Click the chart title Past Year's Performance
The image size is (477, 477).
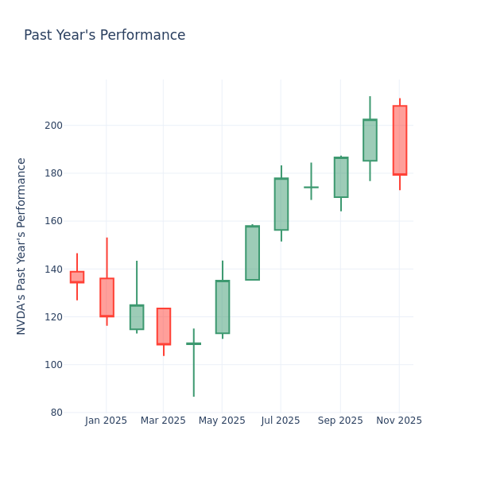tap(104, 36)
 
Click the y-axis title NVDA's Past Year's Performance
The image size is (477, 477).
tap(21, 246)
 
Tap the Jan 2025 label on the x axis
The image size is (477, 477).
tap(107, 421)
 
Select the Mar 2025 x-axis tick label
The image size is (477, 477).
tap(163, 421)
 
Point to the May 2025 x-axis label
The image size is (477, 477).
tap(222, 421)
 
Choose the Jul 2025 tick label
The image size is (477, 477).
tap(281, 421)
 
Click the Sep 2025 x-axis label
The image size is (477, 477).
tap(340, 421)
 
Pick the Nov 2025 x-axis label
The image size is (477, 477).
tap(399, 421)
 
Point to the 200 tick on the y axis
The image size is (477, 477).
tap(53, 126)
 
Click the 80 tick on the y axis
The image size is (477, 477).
tap(56, 413)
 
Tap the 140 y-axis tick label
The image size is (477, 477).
tap(53, 269)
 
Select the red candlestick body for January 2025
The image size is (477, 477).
tap(107, 297)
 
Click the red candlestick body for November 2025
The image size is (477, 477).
tap(399, 140)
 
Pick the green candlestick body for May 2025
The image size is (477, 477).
tap(222, 307)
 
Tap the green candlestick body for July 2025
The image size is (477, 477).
tap(281, 204)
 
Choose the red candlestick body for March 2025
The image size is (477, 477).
tap(163, 326)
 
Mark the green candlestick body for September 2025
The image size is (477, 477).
tap(340, 177)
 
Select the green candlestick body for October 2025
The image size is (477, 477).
tap(370, 140)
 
